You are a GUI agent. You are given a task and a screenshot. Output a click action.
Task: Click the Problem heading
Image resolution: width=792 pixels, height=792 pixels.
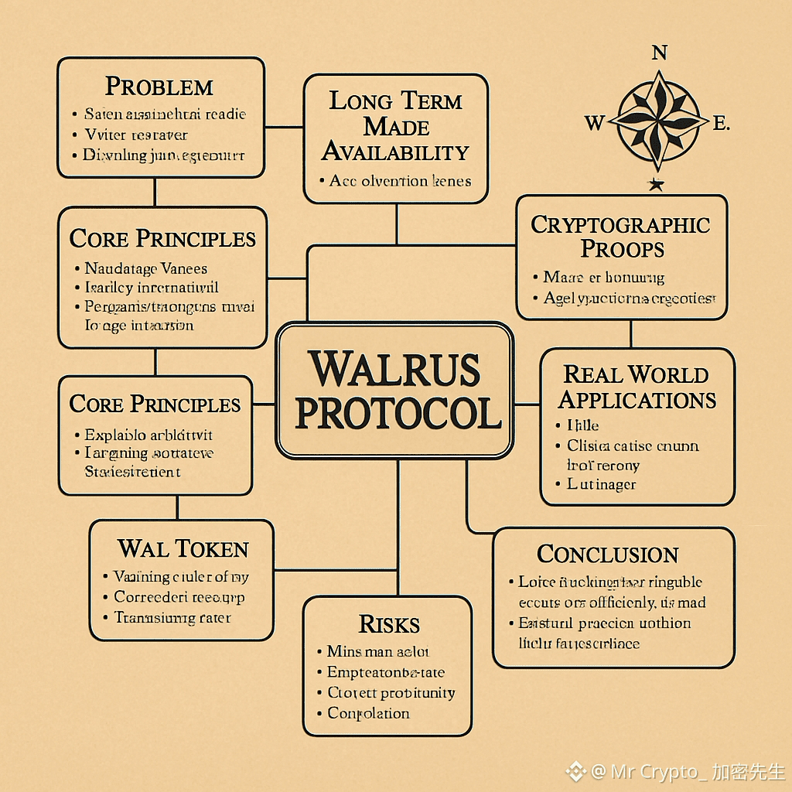[x=159, y=86]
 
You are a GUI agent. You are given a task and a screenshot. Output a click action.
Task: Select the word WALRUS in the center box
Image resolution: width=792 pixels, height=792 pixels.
[x=394, y=369]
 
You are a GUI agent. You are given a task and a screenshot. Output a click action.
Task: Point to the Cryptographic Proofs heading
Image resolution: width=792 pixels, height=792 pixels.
[x=621, y=237]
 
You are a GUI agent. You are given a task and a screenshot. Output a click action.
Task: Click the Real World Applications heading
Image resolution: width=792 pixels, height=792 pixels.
[x=637, y=387]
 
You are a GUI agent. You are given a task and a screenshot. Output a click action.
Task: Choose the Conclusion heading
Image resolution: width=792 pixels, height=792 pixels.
[x=607, y=555]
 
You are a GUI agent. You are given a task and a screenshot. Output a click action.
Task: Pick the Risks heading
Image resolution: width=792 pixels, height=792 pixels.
[x=389, y=624]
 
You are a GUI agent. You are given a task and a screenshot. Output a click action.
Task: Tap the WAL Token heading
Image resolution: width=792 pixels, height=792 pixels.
[x=183, y=549]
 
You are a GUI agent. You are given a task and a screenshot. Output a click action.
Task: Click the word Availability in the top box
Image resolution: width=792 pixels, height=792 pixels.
[x=395, y=152]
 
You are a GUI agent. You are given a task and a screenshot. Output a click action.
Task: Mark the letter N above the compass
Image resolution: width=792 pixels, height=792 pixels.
[x=659, y=53]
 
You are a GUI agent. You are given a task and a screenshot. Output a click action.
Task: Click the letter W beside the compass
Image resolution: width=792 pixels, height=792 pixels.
[x=594, y=123]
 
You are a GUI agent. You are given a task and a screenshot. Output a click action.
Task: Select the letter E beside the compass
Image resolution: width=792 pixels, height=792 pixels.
[x=719, y=123]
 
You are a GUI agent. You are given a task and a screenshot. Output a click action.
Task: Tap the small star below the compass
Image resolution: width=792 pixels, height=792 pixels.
[x=657, y=184]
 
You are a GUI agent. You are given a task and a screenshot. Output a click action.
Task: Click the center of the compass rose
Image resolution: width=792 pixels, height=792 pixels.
[x=658, y=121]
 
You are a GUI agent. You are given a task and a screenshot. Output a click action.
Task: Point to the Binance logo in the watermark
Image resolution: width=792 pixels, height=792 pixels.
[x=575, y=771]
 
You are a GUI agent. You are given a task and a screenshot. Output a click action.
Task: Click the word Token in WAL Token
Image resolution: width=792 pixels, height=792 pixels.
[x=212, y=549]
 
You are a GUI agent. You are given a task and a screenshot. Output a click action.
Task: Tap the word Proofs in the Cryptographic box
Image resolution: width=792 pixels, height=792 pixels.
[x=623, y=249]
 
